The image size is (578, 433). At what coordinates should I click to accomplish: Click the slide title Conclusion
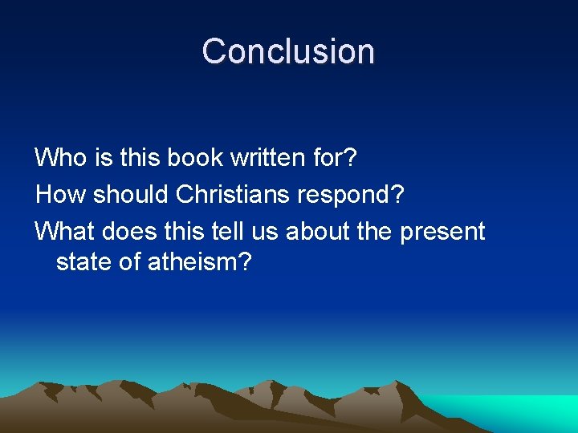(288, 51)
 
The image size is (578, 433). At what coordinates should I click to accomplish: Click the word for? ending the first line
(336, 157)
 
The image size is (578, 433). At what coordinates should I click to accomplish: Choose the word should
(131, 194)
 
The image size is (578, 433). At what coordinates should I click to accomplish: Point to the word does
(132, 232)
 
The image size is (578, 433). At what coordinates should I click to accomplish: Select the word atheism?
(201, 261)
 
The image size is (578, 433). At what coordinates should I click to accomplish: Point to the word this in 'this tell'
(186, 232)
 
